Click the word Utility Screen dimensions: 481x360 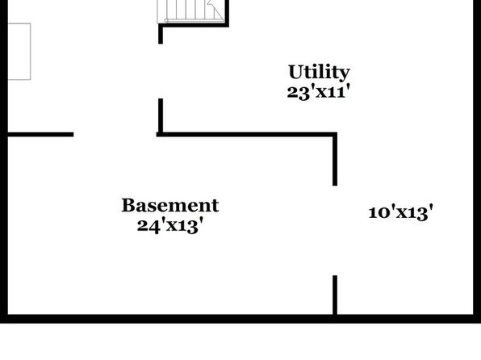point(319,72)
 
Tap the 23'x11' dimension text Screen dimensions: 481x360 point(319,92)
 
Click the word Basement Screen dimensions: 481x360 point(170,205)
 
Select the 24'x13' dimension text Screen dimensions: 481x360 point(170,225)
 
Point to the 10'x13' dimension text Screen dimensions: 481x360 point(400,212)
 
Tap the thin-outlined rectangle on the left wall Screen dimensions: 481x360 point(19,52)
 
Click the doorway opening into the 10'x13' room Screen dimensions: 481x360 point(335,231)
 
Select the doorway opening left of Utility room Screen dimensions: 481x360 point(161,71)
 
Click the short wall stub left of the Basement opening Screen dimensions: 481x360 point(40,135)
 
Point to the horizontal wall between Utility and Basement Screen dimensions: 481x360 point(247,135)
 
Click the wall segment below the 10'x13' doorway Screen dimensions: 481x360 point(335,295)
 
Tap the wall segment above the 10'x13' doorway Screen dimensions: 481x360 point(335,160)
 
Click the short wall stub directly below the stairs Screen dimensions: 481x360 point(161,35)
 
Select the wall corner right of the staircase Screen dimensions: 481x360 point(227,25)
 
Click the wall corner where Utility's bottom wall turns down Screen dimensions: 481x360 point(335,135)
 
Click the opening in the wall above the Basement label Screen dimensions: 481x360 point(115,135)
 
